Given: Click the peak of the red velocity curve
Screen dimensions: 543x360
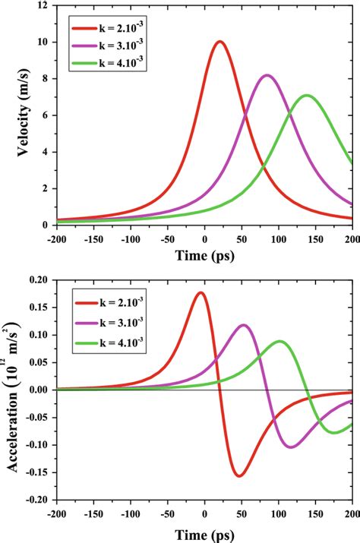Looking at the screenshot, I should (219, 42).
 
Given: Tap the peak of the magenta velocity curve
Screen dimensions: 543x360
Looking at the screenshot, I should (267, 75).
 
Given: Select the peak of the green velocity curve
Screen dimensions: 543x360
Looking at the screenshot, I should (307, 96).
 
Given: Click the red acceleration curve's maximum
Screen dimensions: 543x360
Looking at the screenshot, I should (200, 292).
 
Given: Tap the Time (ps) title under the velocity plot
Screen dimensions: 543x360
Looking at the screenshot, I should (204, 257).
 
